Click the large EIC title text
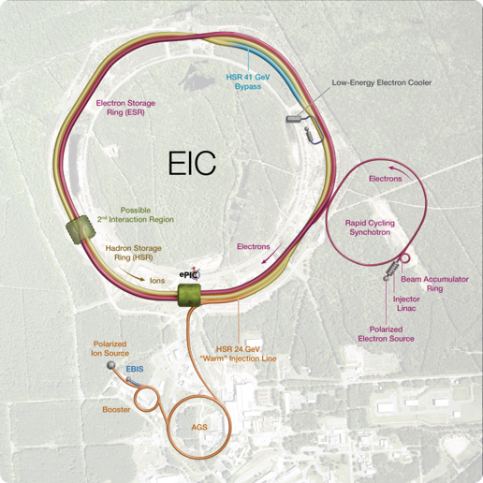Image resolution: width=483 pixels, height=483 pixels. pyautogui.click(x=192, y=163)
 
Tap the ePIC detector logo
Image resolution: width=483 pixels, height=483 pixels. pyautogui.click(x=190, y=274)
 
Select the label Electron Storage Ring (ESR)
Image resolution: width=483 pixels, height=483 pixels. pyautogui.click(x=125, y=108)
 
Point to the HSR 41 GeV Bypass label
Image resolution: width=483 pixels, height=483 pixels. pyautogui.click(x=248, y=81)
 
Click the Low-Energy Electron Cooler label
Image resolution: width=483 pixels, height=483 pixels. pyautogui.click(x=382, y=82)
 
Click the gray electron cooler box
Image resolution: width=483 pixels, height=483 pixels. pyautogui.click(x=294, y=119)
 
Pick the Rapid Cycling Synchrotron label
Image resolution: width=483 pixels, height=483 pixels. pyautogui.click(x=370, y=227)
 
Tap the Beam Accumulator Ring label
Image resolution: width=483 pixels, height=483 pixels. pyautogui.click(x=434, y=284)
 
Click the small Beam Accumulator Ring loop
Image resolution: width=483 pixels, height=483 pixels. pyautogui.click(x=404, y=258)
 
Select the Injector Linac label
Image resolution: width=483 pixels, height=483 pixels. pyautogui.click(x=406, y=303)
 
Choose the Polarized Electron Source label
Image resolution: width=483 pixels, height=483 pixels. pyautogui.click(x=386, y=334)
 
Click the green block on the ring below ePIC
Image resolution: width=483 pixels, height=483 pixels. pyautogui.click(x=189, y=295)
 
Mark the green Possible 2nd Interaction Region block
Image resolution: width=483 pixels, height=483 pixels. pyautogui.click(x=80, y=230)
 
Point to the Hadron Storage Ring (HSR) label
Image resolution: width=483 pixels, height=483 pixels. pyautogui.click(x=133, y=253)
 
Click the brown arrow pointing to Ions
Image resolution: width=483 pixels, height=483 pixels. pyautogui.click(x=131, y=274)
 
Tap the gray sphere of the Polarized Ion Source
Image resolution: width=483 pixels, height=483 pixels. pyautogui.click(x=111, y=365)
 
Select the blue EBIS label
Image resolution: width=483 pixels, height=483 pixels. pyautogui.click(x=135, y=369)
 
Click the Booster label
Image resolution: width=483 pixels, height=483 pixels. pyautogui.click(x=116, y=409)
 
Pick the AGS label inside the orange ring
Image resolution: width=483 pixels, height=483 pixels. pyautogui.click(x=199, y=427)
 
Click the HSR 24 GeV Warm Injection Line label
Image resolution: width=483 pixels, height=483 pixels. pyautogui.click(x=238, y=354)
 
